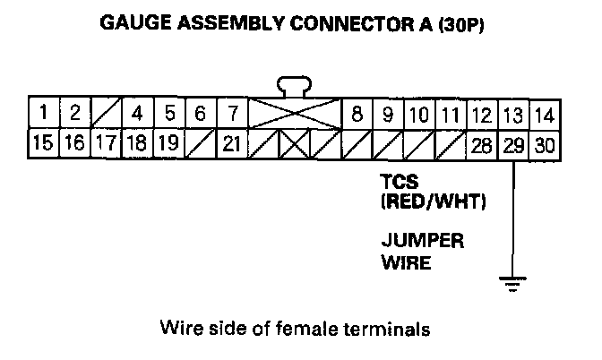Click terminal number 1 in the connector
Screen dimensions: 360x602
pos(42,114)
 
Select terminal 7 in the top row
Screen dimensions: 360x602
pos(231,114)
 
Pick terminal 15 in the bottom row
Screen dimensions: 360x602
pos(42,143)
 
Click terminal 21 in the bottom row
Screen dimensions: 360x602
pos(231,143)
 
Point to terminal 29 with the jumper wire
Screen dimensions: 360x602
pos(513,143)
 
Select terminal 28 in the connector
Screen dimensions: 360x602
pos(482,143)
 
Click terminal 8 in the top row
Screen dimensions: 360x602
pos(357,114)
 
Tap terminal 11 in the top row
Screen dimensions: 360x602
pos(451,114)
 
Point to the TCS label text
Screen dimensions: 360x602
pos(399,182)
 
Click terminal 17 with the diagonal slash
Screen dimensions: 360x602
pos(106,143)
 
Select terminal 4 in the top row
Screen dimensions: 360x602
pos(137,114)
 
